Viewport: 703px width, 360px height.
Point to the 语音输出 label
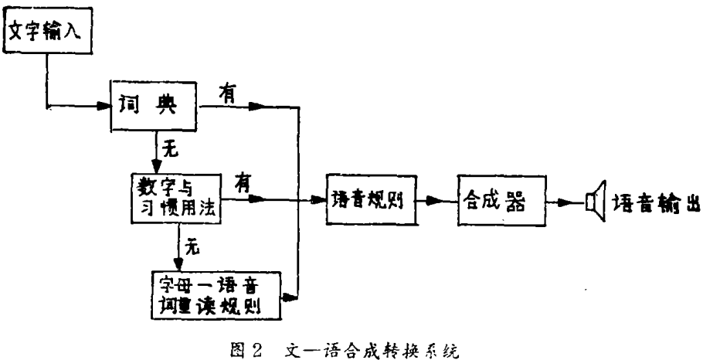tap(656, 203)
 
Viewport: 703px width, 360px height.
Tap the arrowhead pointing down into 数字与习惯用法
tap(157, 166)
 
